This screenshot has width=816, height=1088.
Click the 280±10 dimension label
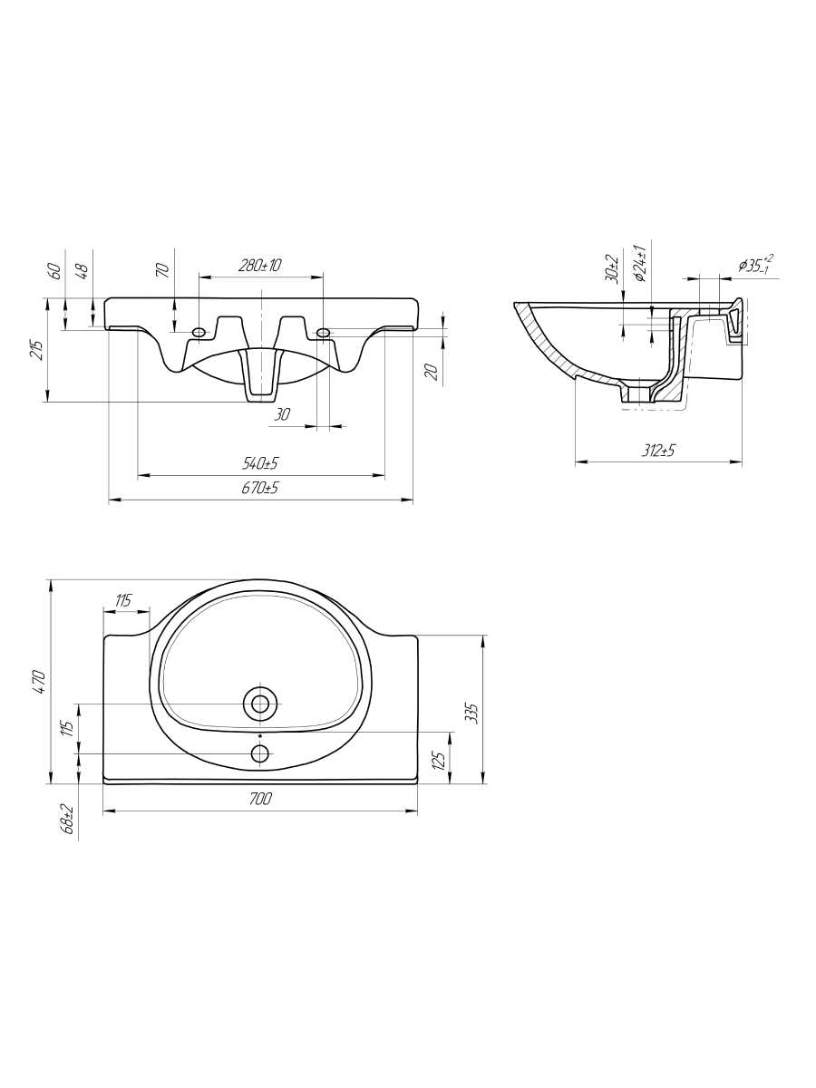click(259, 265)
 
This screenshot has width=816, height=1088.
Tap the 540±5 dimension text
click(260, 463)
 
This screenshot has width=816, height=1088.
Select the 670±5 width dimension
click(260, 488)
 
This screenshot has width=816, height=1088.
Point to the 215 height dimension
click(39, 351)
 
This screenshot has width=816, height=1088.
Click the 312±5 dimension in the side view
click(658, 450)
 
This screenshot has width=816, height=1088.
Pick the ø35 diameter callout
click(755, 264)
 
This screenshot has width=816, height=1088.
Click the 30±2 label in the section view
click(611, 269)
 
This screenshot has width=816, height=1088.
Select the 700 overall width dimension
click(260, 799)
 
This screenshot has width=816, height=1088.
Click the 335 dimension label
click(473, 713)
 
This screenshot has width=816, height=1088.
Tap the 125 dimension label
click(439, 759)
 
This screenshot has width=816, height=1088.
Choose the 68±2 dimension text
click(68, 819)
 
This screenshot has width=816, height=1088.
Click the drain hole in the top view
click(260, 704)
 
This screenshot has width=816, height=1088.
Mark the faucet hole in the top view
click(260, 753)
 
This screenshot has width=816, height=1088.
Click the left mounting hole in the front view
click(199, 332)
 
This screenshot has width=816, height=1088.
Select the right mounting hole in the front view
click(323, 332)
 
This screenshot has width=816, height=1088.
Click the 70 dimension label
click(163, 270)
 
